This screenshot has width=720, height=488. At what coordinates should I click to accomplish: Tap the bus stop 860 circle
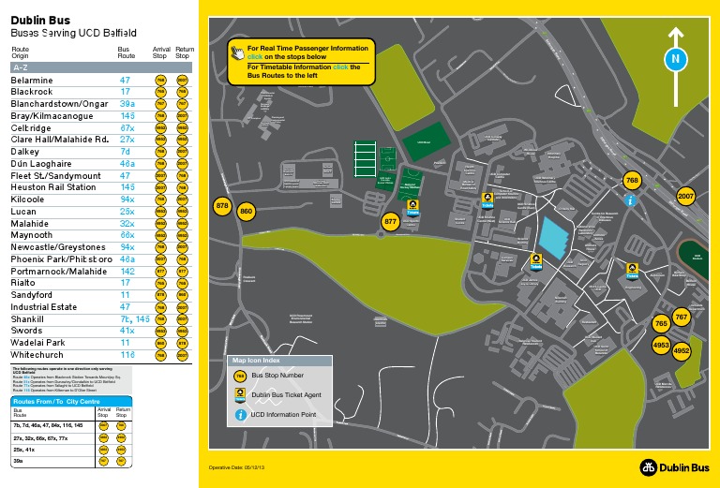pyautogui.click(x=247, y=213)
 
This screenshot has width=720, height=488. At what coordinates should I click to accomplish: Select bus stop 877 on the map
pyautogui.click(x=392, y=222)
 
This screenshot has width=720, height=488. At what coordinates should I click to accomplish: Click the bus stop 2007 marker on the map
pyautogui.click(x=685, y=197)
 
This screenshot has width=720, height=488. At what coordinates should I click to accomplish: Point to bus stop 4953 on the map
pyautogui.click(x=661, y=346)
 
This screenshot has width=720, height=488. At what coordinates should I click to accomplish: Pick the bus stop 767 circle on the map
pyautogui.click(x=682, y=318)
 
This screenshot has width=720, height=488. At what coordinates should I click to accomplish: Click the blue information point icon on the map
pyautogui.click(x=632, y=200)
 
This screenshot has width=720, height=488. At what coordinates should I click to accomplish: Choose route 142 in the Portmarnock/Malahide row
pyautogui.click(x=127, y=271)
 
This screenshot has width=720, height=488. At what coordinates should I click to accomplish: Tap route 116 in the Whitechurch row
pyautogui.click(x=127, y=355)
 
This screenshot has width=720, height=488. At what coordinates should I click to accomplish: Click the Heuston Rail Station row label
pyautogui.click(x=52, y=187)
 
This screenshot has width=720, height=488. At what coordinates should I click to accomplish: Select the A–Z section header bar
pyautogui.click(x=101, y=68)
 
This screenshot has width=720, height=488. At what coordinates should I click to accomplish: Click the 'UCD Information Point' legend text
pyautogui.click(x=282, y=414)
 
